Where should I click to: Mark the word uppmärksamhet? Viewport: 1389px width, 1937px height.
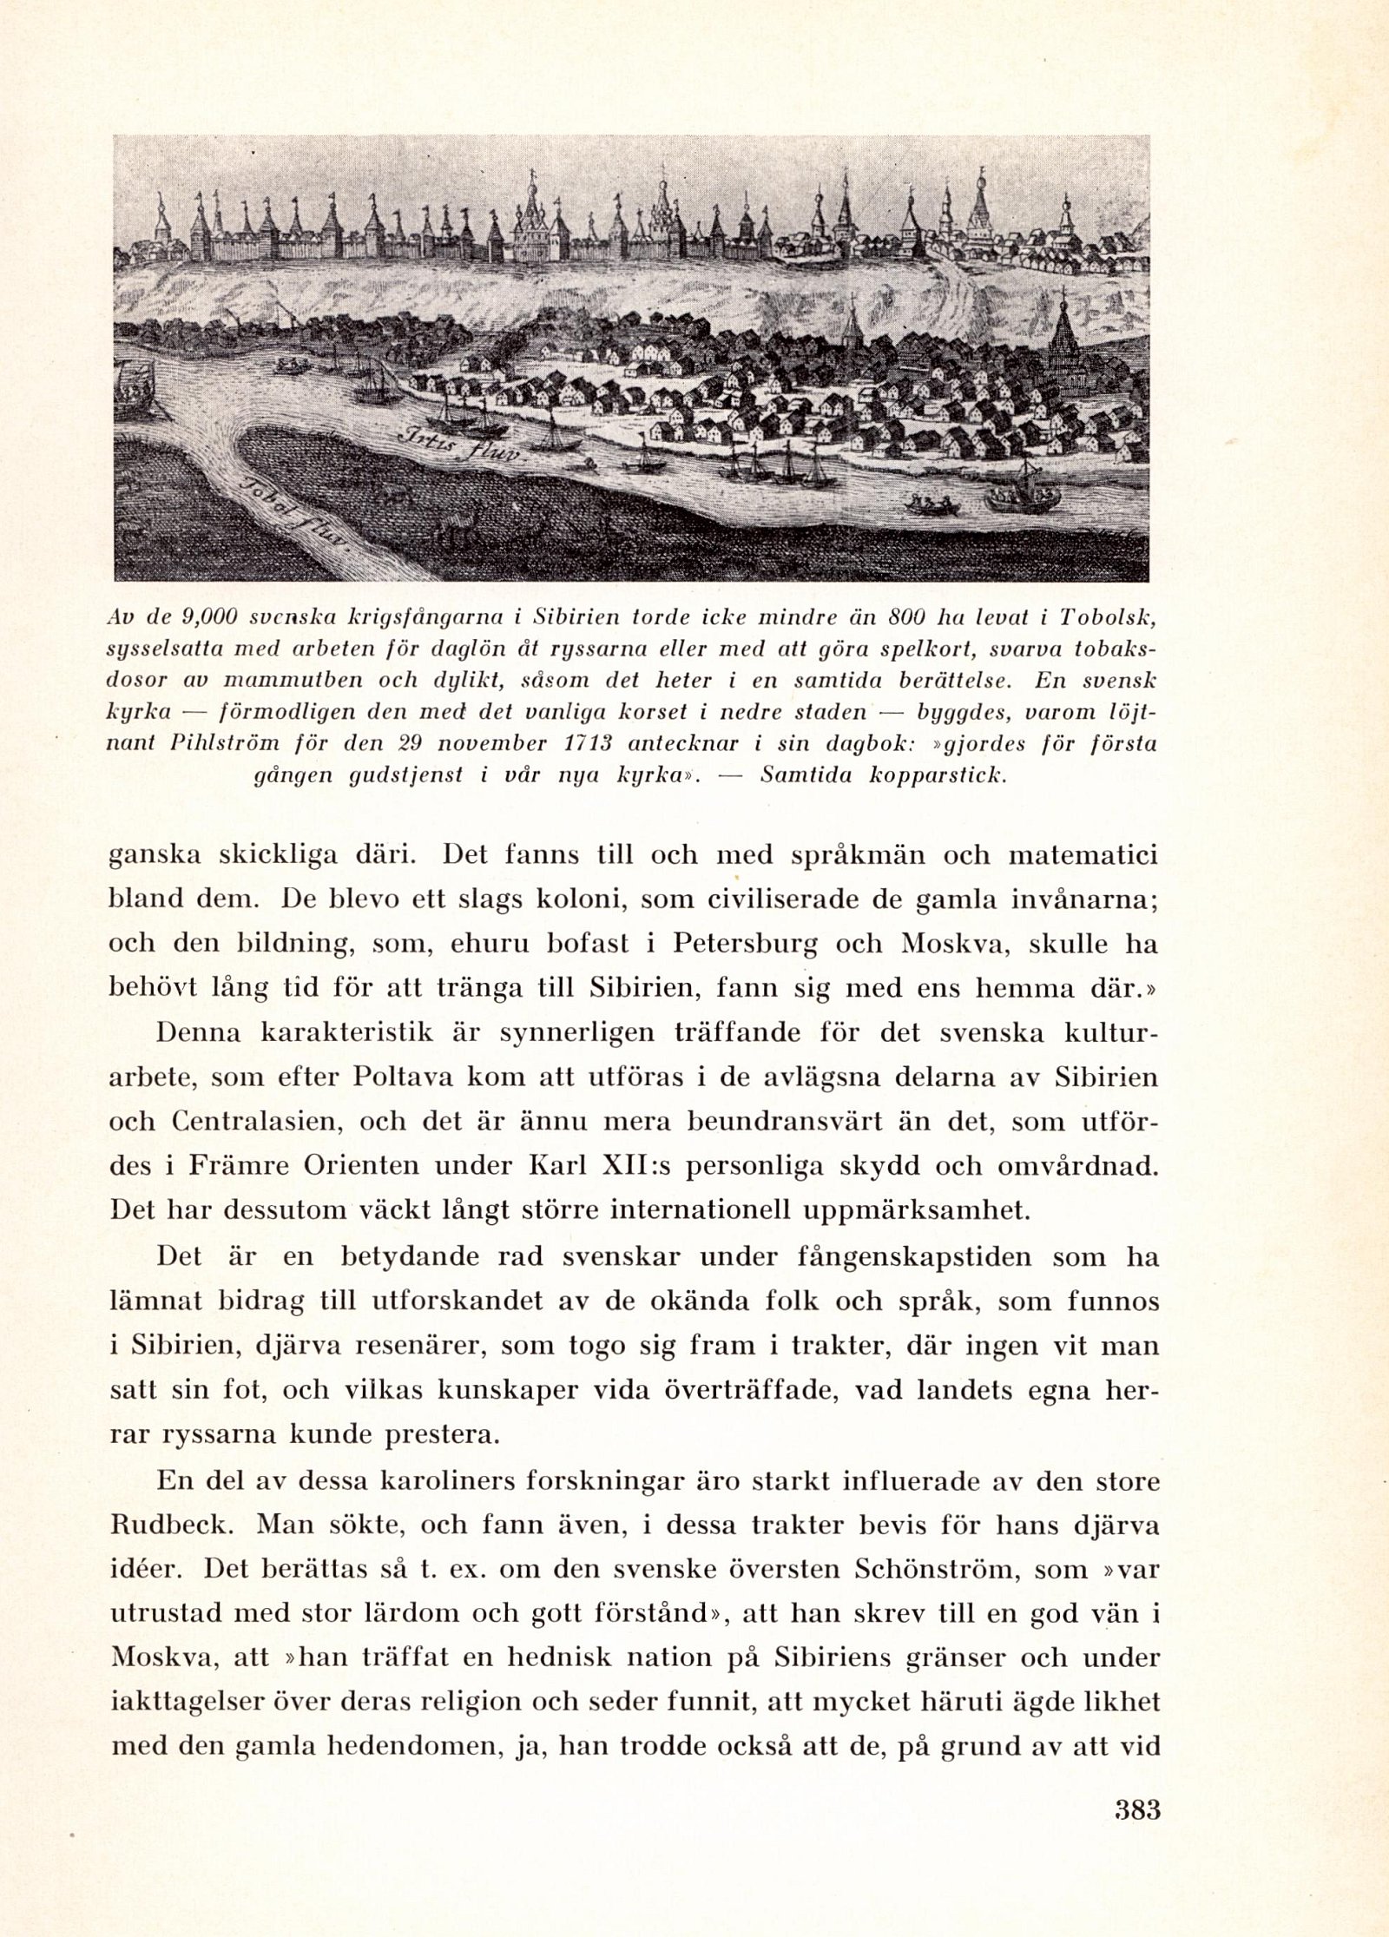[x=911, y=1209]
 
